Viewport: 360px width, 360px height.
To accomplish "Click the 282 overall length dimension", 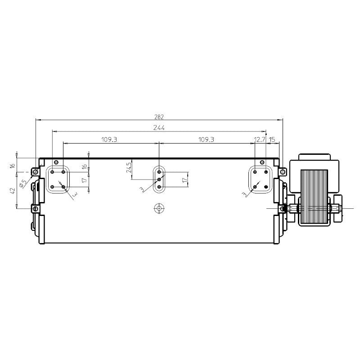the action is click(x=159, y=117).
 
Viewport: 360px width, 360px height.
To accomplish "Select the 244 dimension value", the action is click(x=159, y=128).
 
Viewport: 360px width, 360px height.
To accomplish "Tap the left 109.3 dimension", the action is click(x=109, y=139).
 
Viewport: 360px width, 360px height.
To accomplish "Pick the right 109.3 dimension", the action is click(x=207, y=139).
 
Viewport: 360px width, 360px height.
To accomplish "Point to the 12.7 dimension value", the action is click(x=260, y=139).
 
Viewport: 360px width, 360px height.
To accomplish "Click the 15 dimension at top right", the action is click(x=272, y=139).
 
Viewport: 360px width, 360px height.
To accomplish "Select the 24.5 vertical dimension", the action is click(x=129, y=167).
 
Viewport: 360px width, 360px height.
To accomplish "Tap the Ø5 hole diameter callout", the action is click(x=23, y=183).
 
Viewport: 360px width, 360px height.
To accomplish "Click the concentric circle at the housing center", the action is click(x=159, y=208).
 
